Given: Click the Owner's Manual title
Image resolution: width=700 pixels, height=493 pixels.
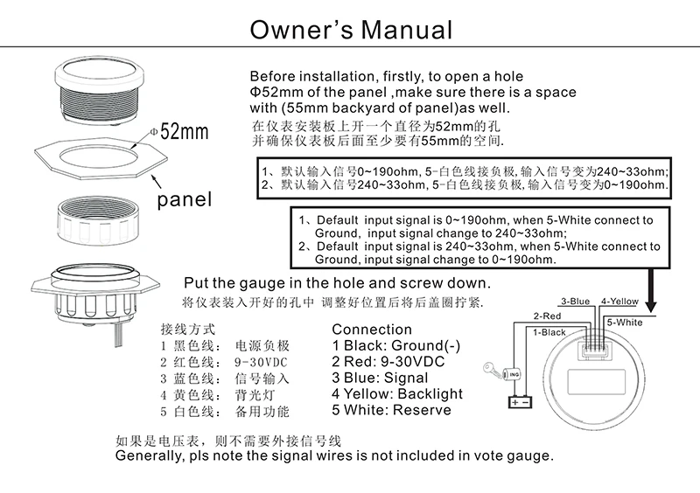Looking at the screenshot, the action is click(351, 29).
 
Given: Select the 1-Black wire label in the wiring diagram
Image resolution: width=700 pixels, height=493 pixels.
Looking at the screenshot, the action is click(548, 332).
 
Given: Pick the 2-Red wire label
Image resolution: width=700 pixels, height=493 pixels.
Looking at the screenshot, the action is click(547, 316).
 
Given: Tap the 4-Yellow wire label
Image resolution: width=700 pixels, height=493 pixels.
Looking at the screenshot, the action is click(619, 302).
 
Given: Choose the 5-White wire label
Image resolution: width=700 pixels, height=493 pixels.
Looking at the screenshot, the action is click(624, 322).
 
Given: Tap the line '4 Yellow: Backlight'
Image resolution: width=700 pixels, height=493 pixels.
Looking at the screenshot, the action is click(397, 393).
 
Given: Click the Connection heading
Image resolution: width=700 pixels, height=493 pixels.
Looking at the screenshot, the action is click(372, 330).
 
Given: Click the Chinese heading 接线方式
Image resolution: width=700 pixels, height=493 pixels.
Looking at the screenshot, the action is click(188, 330).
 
